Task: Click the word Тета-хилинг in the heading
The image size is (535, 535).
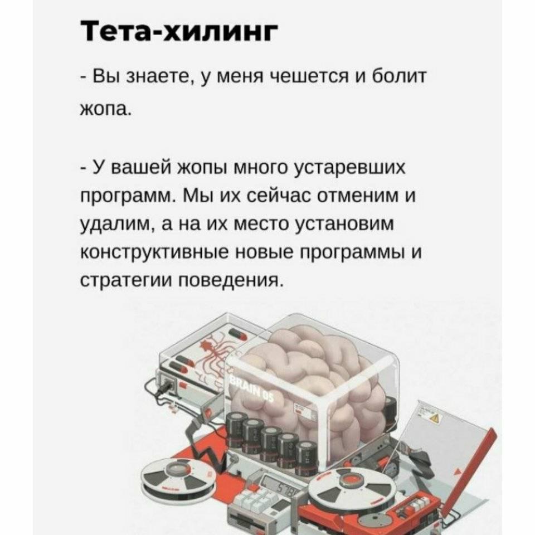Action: tap(180, 31)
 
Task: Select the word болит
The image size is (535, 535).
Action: tap(398, 76)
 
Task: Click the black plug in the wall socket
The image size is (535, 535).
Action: tap(167, 385)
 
